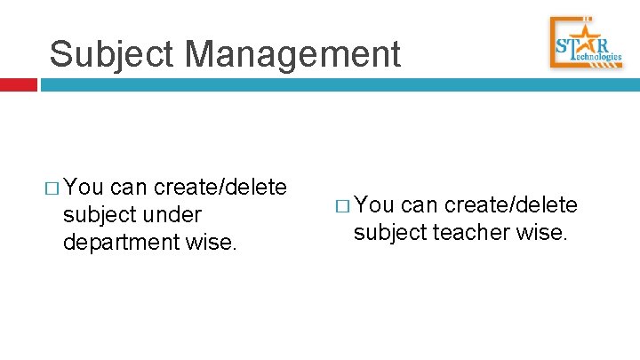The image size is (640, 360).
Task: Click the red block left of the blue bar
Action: point(18,85)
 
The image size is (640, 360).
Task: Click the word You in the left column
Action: point(84,188)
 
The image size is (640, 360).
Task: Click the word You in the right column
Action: point(374,206)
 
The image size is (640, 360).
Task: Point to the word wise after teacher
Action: point(543,234)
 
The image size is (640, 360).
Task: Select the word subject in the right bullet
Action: point(389,234)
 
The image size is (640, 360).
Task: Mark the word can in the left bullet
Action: point(129,188)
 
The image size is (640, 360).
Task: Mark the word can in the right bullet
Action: point(419,206)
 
